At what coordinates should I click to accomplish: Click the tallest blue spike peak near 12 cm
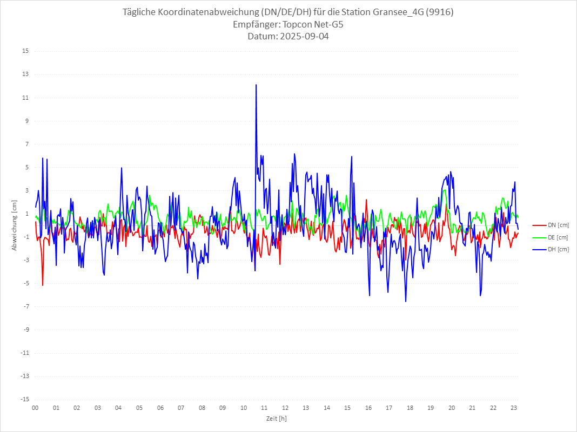[x=256, y=85]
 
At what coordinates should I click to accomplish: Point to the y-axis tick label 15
[x=25, y=51]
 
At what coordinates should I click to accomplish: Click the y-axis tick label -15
[x=24, y=399]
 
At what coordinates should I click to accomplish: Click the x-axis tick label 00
[x=35, y=408]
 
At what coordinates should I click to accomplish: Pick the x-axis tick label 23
[x=514, y=408]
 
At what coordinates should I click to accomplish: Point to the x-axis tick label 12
[x=285, y=408]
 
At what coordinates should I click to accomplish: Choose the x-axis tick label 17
[x=389, y=408]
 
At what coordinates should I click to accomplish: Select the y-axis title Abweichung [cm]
[x=15, y=225]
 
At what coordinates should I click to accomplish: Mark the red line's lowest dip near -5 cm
[x=43, y=285]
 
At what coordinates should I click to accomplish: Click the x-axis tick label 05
[x=139, y=408]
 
